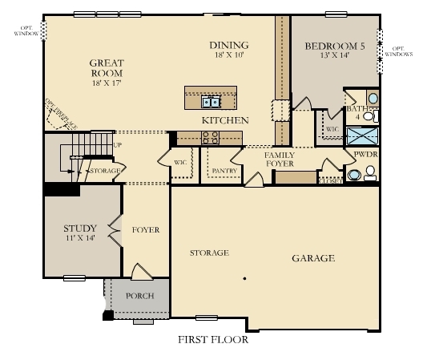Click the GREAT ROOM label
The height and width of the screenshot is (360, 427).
[x=106, y=68]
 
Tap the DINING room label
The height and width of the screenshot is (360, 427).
[x=229, y=45]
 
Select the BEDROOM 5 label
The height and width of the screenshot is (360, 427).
[x=335, y=47]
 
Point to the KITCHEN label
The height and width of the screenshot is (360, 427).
[x=224, y=120]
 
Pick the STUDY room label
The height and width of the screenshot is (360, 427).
[x=79, y=229]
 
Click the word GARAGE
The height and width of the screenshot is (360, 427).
[x=312, y=258]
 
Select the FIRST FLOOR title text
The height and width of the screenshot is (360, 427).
[x=213, y=339]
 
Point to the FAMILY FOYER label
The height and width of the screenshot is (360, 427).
[x=280, y=159]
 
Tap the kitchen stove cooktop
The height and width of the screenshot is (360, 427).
[x=211, y=139]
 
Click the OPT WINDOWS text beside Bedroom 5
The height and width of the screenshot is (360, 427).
[x=398, y=51]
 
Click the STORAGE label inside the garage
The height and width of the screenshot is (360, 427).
[x=209, y=253]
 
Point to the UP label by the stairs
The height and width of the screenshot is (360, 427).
[x=118, y=145]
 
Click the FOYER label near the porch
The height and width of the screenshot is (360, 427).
[x=146, y=230]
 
